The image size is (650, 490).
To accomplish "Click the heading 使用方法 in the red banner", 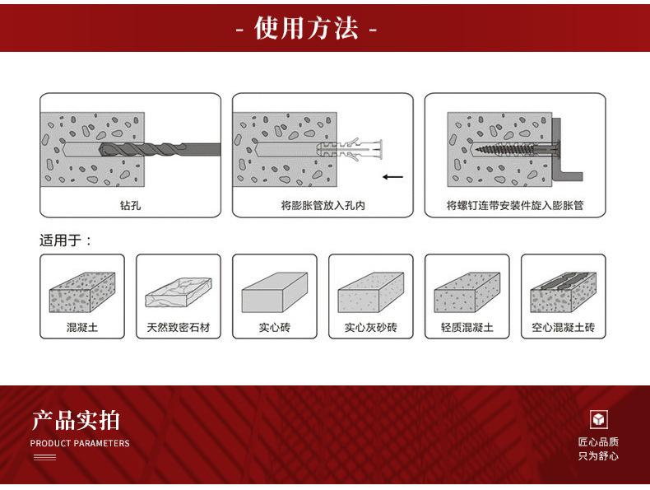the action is click(306, 30).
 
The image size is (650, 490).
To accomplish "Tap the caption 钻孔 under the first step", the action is click(130, 205).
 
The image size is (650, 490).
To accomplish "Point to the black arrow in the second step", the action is click(393, 176).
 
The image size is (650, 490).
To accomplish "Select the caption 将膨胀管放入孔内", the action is click(323, 205).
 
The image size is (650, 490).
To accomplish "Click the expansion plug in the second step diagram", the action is click(359, 149).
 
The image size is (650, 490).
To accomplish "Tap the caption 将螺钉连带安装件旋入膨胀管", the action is click(515, 205).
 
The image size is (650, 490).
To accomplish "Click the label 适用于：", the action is click(66, 240).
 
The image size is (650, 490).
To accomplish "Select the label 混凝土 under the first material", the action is click(82, 327).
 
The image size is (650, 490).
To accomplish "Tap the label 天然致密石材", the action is click(179, 327).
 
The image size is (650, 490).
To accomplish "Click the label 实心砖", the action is click(274, 327).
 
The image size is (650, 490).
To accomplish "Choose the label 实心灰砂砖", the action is click(370, 327).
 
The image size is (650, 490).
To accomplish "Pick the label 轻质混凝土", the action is click(467, 327).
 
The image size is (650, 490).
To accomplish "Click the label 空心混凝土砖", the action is click(563, 327).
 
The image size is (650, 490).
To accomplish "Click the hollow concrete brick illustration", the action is click(563, 291).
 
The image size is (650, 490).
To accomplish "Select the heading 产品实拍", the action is click(76, 420).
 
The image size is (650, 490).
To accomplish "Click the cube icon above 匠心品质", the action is click(599, 419).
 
